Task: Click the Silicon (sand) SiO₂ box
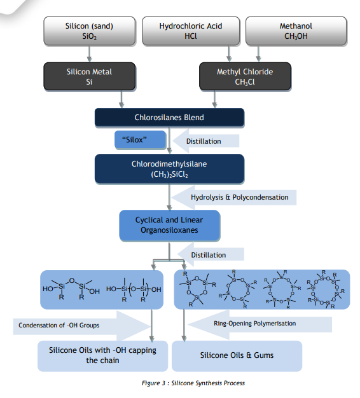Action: pyautogui.click(x=89, y=31)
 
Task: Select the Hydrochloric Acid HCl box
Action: pyautogui.click(x=191, y=31)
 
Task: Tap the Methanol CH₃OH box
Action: pyautogui.click(x=296, y=31)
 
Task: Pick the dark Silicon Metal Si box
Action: pyautogui.click(x=89, y=76)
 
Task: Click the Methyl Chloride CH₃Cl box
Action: pyautogui.click(x=245, y=76)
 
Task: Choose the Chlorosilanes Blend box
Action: pyautogui.click(x=170, y=118)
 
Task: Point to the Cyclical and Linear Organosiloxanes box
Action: pyautogui.click(x=170, y=225)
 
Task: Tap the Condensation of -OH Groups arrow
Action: pyautogui.click(x=80, y=326)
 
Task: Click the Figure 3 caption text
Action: pyautogui.click(x=193, y=383)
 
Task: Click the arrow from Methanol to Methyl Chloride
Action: pyautogui.click(x=258, y=53)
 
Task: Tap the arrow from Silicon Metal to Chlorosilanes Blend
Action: pyautogui.click(x=122, y=99)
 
